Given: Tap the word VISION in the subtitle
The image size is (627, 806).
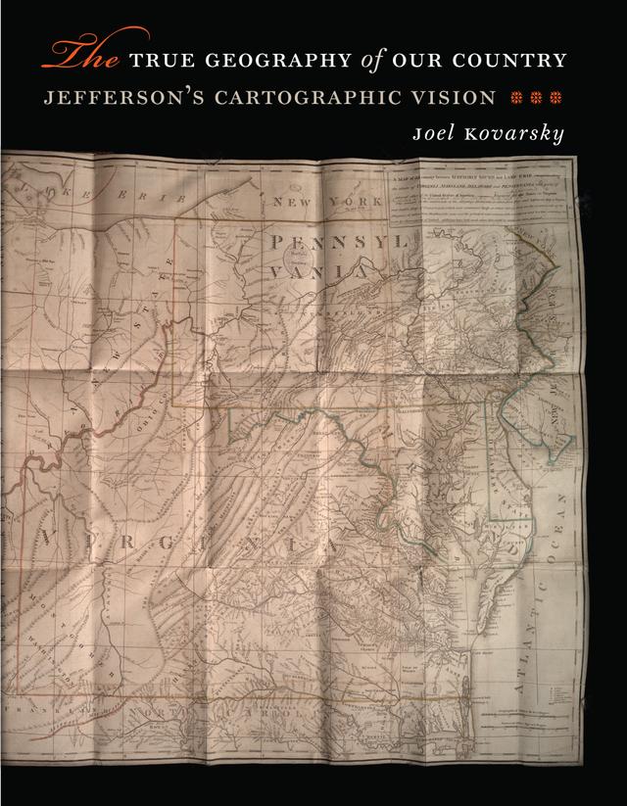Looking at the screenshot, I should (x=461, y=98).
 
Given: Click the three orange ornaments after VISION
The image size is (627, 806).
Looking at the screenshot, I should (x=533, y=98).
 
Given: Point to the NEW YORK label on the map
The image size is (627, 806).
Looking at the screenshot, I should (x=325, y=201).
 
